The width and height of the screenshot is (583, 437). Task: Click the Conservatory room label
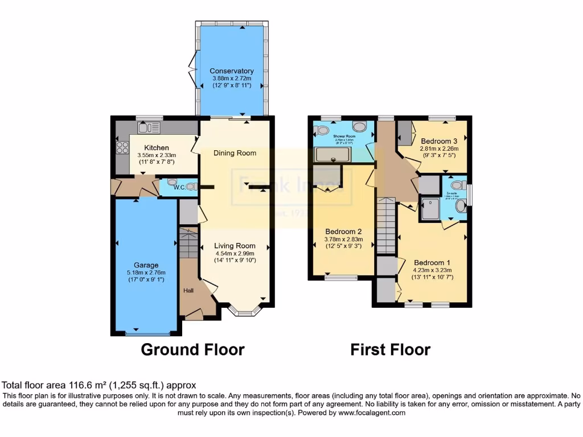click(x=231, y=71)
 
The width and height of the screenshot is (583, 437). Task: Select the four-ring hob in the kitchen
click(x=122, y=148)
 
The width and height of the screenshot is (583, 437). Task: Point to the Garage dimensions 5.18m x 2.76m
click(x=146, y=273)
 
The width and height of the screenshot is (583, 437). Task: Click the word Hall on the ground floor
click(x=188, y=290)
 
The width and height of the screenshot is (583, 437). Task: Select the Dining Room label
click(x=235, y=153)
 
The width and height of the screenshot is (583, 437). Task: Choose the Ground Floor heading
click(x=192, y=349)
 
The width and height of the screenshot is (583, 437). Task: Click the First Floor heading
click(x=390, y=349)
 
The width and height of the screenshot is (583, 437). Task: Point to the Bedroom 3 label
click(x=439, y=141)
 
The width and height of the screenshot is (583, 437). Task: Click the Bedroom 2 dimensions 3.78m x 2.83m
click(x=343, y=240)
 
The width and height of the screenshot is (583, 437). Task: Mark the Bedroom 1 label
click(x=431, y=263)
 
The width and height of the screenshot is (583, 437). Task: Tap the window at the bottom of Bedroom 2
click(x=341, y=278)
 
